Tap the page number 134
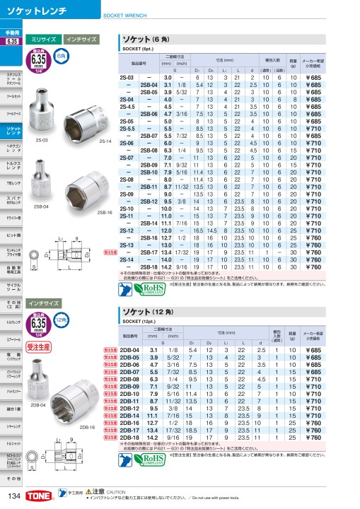[13, 497]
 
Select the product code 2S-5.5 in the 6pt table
[127, 129]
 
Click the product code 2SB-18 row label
[147, 267]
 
